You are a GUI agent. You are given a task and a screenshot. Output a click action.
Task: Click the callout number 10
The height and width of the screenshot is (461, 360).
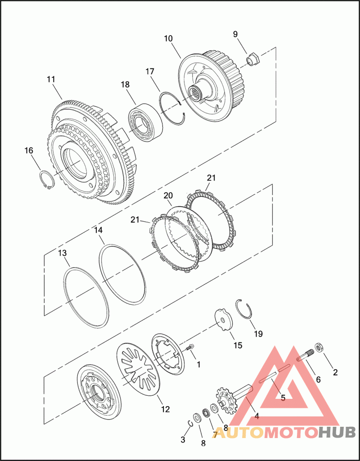pos(168,39)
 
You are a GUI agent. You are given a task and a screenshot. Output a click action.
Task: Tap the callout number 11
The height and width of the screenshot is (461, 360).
pos(50,79)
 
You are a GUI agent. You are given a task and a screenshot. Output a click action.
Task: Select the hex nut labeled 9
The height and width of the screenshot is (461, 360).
pos(253,59)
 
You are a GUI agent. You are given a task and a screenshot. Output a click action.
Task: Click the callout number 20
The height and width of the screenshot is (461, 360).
pos(168,196)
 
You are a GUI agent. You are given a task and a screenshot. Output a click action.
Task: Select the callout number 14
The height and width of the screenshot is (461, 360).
pos(99,230)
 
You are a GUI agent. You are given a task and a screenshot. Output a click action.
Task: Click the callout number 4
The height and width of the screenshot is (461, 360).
pos(256,416)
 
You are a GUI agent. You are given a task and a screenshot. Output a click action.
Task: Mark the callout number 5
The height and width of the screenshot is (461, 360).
pos(283,398)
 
